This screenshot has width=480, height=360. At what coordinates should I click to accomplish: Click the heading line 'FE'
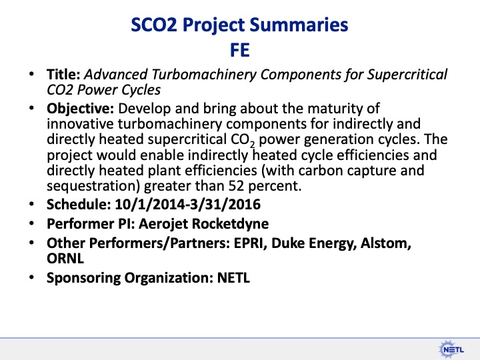240,50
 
